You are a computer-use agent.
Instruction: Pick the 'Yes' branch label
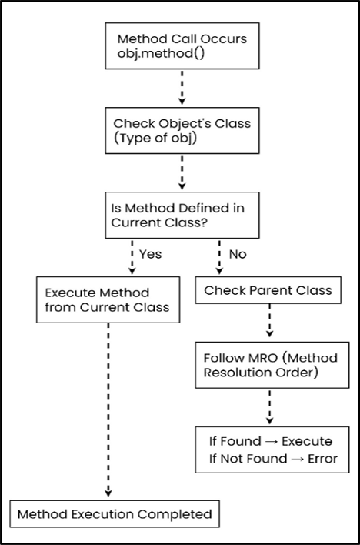coord(149,254)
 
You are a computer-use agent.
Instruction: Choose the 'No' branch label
coord(238,254)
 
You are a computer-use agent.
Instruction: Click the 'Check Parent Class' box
coord(268,291)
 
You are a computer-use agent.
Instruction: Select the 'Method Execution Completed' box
coord(114,513)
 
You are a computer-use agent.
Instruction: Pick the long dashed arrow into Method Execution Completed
coord(108,408)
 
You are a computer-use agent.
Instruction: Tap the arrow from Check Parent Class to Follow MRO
coord(269,324)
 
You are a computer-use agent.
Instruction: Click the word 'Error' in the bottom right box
coord(315,459)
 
